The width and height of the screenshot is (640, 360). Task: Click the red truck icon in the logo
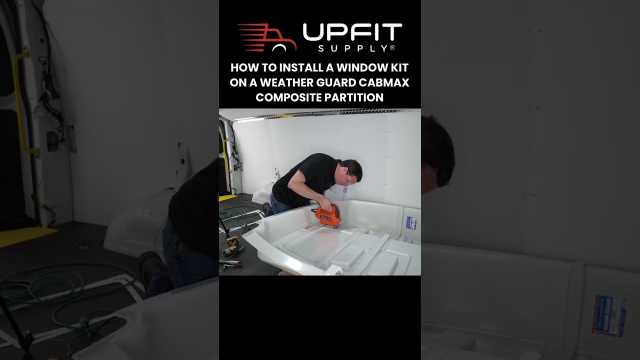[x=267, y=38]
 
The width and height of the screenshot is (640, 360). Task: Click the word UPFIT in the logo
[x=352, y=33]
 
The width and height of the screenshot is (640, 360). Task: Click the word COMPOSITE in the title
[x=285, y=97]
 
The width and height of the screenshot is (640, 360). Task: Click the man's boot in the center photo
[x=266, y=207]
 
